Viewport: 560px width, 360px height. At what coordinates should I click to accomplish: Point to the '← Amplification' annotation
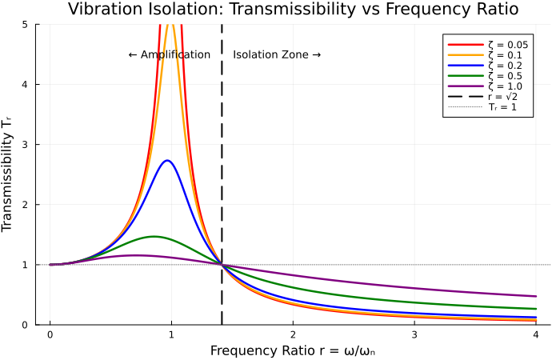tap(169, 55)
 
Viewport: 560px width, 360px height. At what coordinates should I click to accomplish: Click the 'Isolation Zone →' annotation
tap(277, 55)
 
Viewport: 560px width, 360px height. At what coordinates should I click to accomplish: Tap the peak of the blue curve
tap(167, 161)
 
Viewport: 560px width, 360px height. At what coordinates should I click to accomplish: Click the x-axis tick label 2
tap(293, 335)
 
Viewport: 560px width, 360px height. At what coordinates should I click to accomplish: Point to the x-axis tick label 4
tap(535, 335)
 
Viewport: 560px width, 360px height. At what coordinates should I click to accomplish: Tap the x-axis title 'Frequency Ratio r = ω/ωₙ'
tap(293, 351)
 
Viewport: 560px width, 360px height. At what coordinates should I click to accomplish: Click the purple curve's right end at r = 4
tap(535, 296)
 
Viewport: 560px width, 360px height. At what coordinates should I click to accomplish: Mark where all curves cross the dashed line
tap(222, 265)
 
